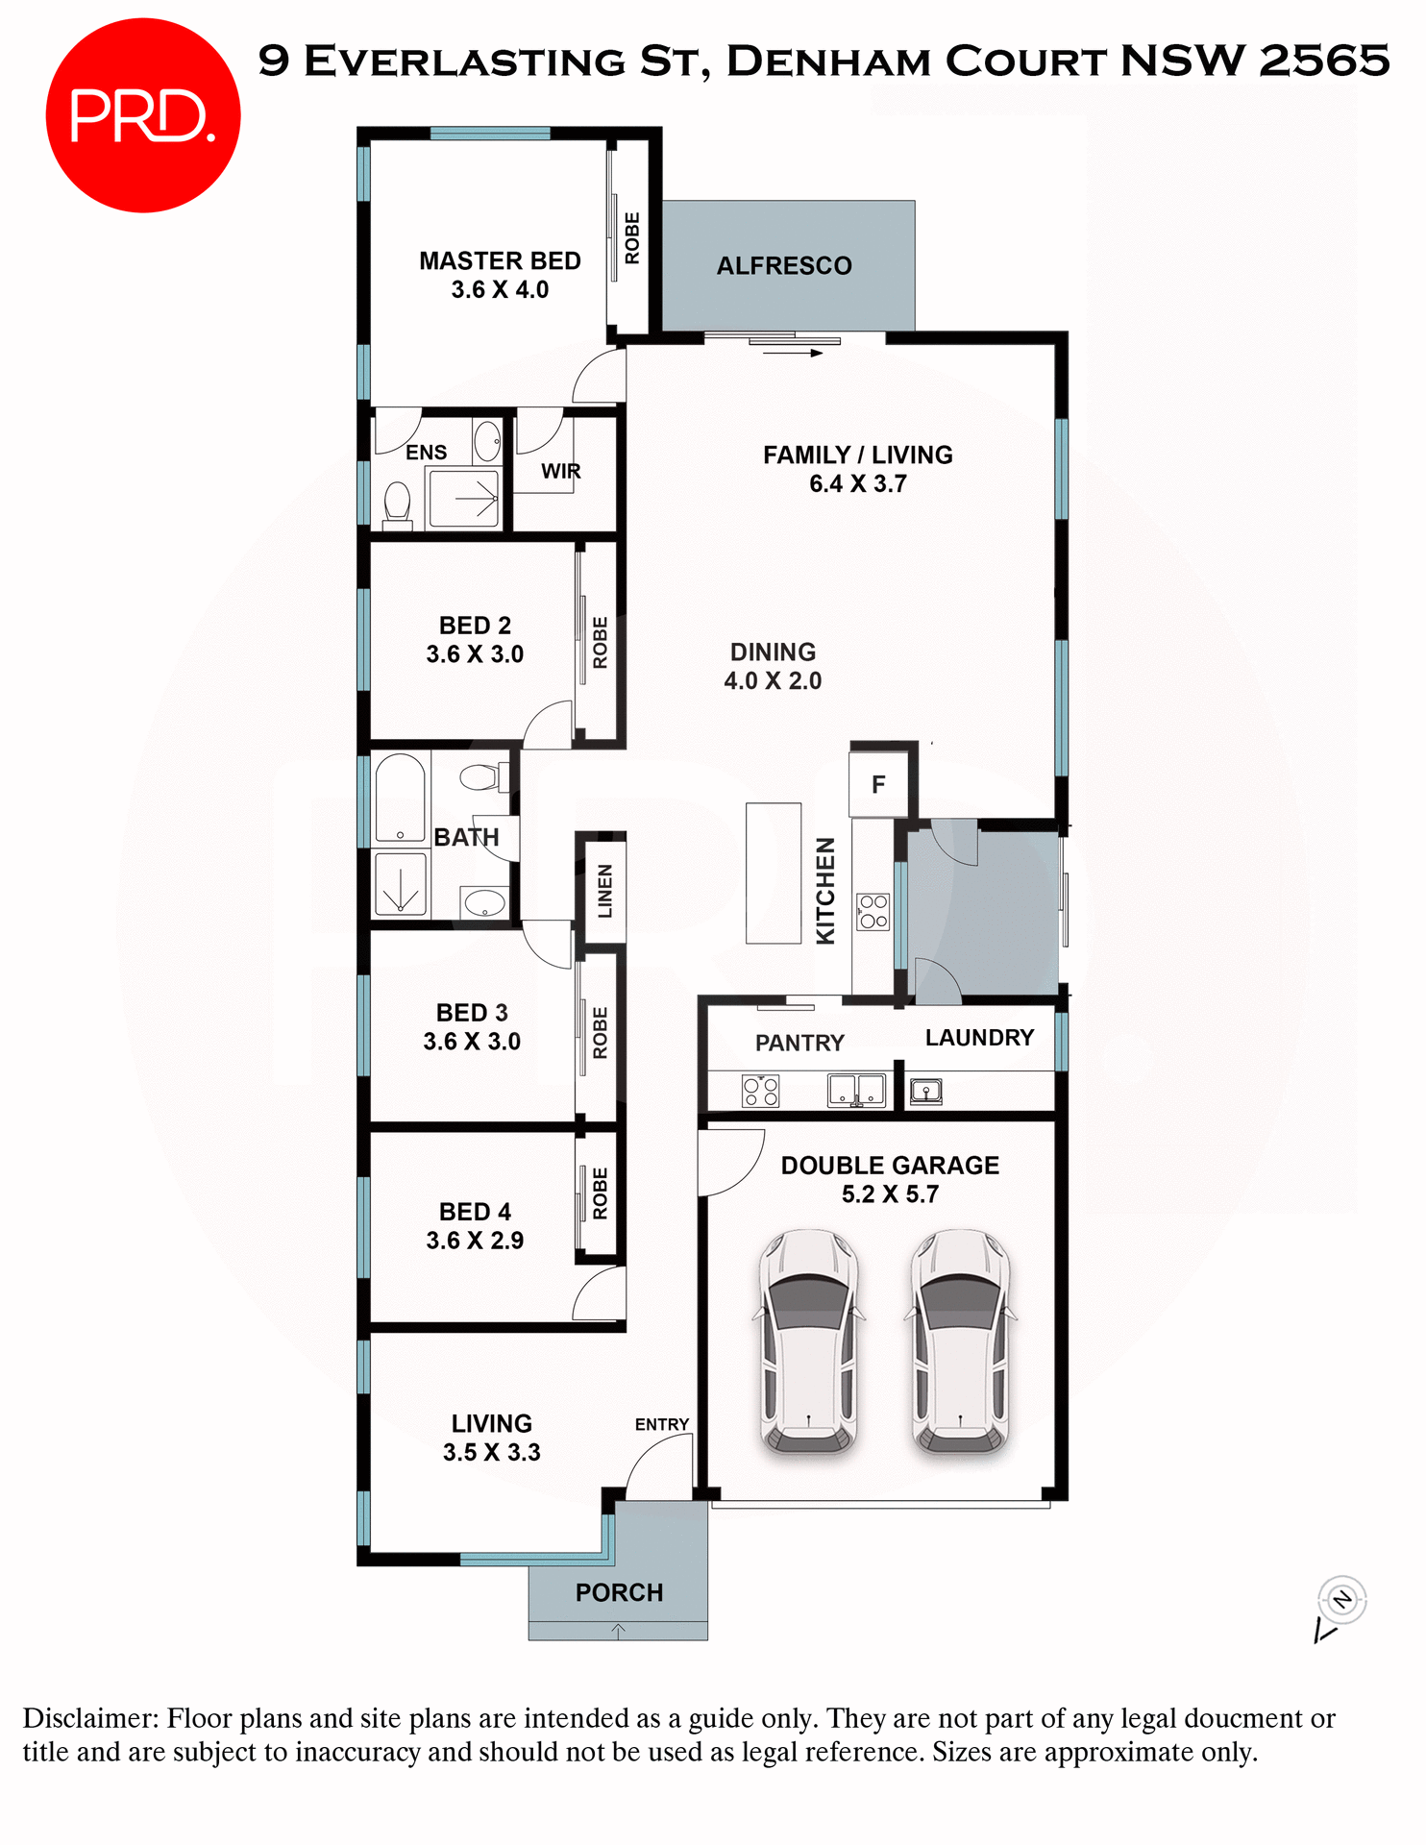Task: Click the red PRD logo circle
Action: pyautogui.click(x=142, y=115)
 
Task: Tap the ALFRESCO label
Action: pyautogui.click(x=784, y=266)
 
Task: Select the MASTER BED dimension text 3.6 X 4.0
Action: pyautogui.click(x=500, y=290)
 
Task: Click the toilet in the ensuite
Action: pyautogui.click(x=397, y=503)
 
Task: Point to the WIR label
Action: pyautogui.click(x=560, y=472)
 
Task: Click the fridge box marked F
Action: pyautogui.click(x=878, y=785)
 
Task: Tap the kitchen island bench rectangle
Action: pyautogui.click(x=774, y=873)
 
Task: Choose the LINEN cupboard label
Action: pyautogui.click(x=604, y=891)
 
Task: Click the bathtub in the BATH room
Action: pyautogui.click(x=400, y=799)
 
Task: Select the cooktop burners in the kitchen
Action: pyautogui.click(x=873, y=911)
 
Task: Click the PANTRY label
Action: pyautogui.click(x=799, y=1044)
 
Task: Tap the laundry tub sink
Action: pyautogui.click(x=925, y=1092)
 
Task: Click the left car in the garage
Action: pyautogui.click(x=809, y=1340)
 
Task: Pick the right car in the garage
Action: pyautogui.click(x=960, y=1340)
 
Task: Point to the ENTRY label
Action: pyautogui.click(x=661, y=1424)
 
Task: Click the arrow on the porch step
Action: pyautogui.click(x=618, y=1631)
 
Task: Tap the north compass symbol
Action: pyautogui.click(x=1341, y=1600)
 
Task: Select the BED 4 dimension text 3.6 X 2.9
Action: pyautogui.click(x=475, y=1241)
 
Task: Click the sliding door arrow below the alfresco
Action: pyautogui.click(x=794, y=354)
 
